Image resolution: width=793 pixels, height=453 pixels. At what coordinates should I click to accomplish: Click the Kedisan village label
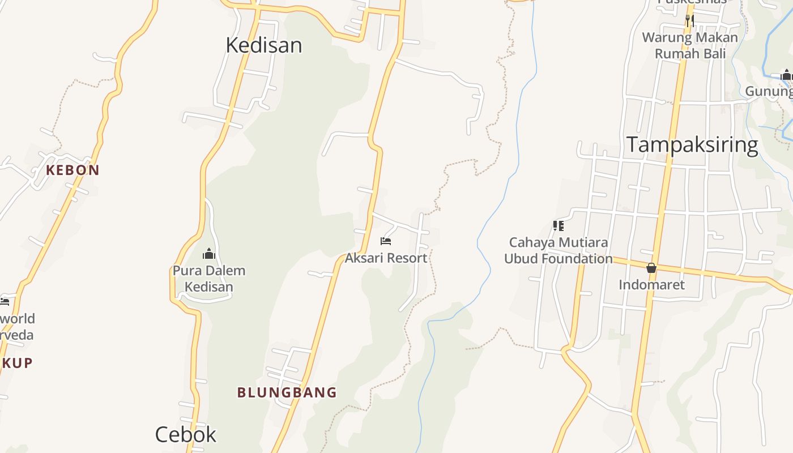pyautogui.click(x=263, y=45)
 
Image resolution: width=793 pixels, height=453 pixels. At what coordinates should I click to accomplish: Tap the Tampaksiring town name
pyautogui.click(x=692, y=145)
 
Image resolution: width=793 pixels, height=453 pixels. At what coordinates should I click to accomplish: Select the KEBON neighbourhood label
pyautogui.click(x=73, y=170)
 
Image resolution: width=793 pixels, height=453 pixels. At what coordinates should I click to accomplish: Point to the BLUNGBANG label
pyautogui.click(x=287, y=392)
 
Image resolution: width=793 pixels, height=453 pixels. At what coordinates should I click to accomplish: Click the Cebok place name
pyautogui.click(x=186, y=434)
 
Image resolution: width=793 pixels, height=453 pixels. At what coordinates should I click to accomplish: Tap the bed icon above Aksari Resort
pyautogui.click(x=386, y=241)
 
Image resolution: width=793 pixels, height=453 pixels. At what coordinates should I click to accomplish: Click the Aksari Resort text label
pyautogui.click(x=386, y=258)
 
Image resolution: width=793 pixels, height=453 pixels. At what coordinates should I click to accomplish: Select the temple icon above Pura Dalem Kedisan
pyautogui.click(x=209, y=253)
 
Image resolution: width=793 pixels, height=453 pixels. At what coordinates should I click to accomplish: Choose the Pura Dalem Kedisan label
pyautogui.click(x=209, y=279)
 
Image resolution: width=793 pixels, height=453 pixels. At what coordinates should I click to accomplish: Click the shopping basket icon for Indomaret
pyautogui.click(x=651, y=268)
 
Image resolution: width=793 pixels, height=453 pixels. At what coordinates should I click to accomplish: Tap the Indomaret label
pyautogui.click(x=651, y=284)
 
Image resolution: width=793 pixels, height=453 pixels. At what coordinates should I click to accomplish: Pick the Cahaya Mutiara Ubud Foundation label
pyautogui.click(x=558, y=250)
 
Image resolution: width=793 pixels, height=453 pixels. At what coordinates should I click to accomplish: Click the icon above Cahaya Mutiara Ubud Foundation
pyautogui.click(x=558, y=226)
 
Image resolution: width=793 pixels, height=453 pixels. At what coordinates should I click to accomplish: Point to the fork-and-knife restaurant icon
pyautogui.click(x=689, y=21)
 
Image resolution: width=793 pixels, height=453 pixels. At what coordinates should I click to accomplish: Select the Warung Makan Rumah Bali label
pyautogui.click(x=690, y=46)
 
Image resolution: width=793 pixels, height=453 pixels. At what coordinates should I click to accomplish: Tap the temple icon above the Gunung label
pyautogui.click(x=786, y=75)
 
